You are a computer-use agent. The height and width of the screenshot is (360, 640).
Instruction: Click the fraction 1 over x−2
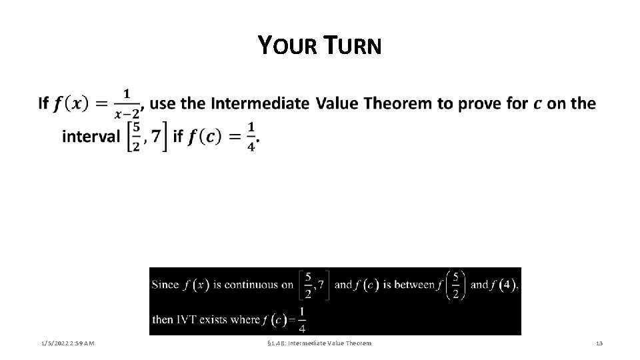[x=127, y=104]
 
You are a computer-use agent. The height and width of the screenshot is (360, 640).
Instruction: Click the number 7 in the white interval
[x=155, y=137]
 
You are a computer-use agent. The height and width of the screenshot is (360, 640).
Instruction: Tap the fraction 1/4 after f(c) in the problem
[x=251, y=137]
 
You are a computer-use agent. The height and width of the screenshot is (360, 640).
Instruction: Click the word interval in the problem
[x=89, y=137]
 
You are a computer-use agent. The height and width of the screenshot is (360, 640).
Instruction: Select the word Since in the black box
[x=165, y=285]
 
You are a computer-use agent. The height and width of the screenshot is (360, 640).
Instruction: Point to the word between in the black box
[x=414, y=285]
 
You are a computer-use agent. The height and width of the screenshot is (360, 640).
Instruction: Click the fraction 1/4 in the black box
[x=302, y=319]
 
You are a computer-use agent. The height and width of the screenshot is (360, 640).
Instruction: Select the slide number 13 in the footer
[x=599, y=343]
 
